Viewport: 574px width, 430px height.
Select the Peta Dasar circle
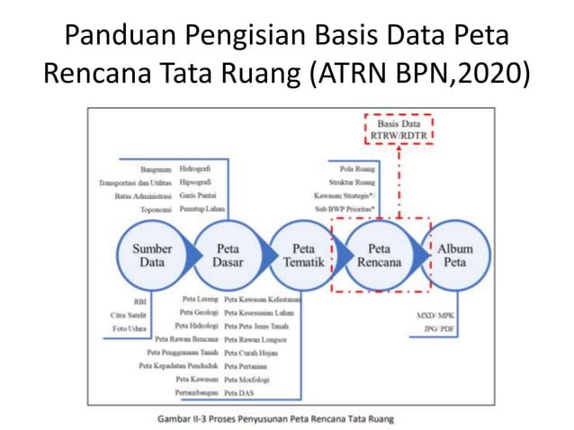coord(228,255)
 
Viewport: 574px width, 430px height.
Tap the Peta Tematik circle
coord(304,255)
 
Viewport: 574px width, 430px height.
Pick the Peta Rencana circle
coord(379,255)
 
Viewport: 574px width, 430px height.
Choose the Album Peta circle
coord(454,255)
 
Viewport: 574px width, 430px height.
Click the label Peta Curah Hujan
coord(251,353)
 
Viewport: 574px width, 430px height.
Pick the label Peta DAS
coord(238,393)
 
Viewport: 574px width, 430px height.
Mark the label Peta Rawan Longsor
coord(256,339)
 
